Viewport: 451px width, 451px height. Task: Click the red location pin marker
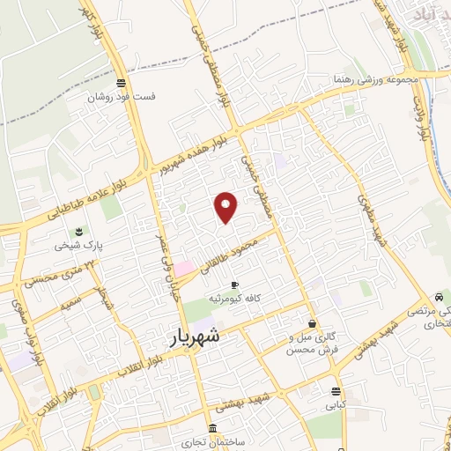(x=227, y=206)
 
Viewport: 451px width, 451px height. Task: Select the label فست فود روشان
(x=120, y=97)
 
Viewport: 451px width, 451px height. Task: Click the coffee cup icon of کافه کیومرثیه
(x=233, y=285)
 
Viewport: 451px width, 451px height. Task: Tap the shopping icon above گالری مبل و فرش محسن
(x=312, y=324)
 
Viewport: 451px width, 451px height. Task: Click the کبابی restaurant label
(x=336, y=406)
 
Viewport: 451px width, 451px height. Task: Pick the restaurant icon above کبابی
(x=335, y=392)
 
